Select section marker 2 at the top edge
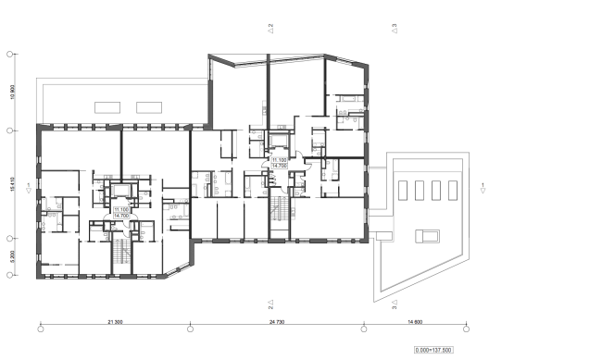270,29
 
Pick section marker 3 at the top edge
394,29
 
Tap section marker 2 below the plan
270,303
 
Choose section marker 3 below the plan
394,303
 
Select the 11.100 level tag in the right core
279,162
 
